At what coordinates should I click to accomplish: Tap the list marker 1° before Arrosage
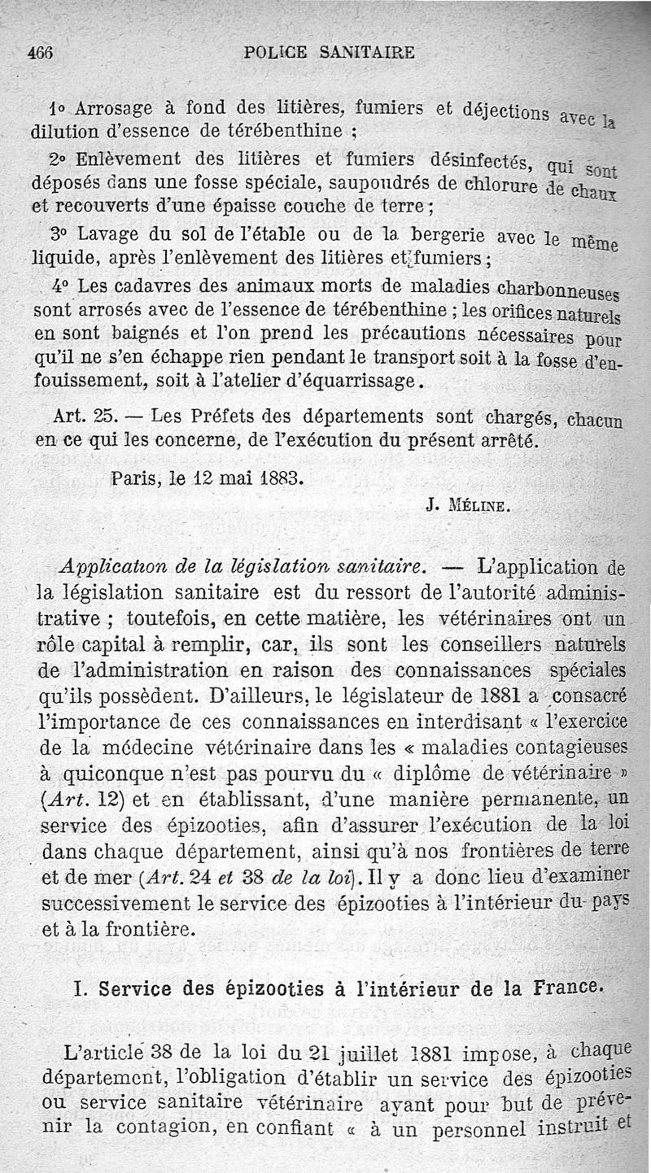[x=56, y=109]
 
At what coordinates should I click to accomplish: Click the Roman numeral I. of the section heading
[x=81, y=988]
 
